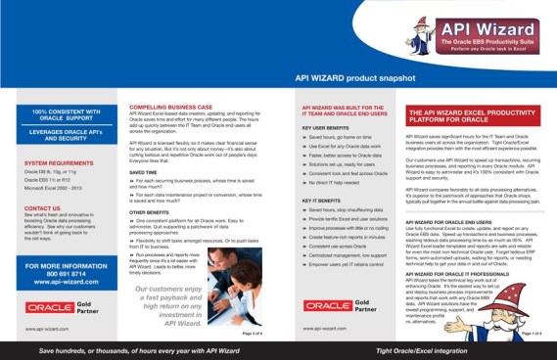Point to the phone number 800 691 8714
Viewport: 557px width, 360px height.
click(60, 273)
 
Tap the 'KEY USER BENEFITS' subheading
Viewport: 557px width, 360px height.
click(326, 128)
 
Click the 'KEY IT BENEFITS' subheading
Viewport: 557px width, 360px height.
click(322, 199)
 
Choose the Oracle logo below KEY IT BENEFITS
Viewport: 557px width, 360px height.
click(329, 305)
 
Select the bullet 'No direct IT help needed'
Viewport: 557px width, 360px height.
click(336, 184)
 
